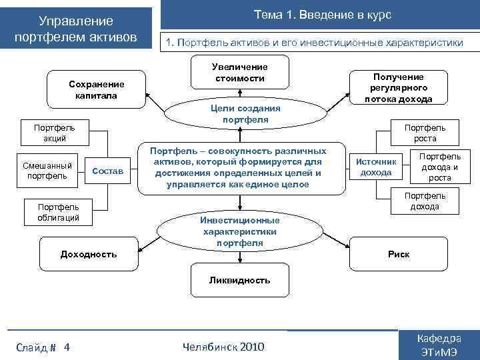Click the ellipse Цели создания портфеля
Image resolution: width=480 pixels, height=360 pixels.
point(245,114)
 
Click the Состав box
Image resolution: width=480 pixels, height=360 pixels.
point(107,171)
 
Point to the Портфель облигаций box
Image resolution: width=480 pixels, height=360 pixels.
point(58,212)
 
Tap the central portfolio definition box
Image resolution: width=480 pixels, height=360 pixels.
point(239,167)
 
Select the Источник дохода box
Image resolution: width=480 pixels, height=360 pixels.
point(376,167)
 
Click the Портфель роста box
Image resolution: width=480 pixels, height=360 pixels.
point(425,133)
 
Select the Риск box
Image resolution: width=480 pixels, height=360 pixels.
point(399,254)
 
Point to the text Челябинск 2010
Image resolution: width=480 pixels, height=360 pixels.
point(223,347)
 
